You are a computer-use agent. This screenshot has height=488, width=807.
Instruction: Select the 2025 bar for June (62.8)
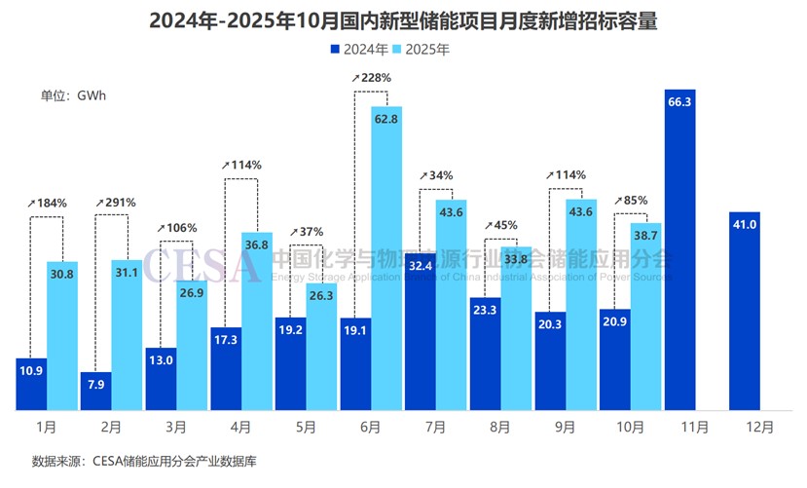point(386,258)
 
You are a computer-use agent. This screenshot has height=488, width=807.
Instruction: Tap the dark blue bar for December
point(744,311)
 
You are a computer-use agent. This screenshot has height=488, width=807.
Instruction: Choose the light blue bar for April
point(257,320)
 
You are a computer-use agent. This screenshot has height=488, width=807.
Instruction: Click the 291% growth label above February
point(115,202)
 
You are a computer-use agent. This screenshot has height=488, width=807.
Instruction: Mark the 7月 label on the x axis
point(435,428)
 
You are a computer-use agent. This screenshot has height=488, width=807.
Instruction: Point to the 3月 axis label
point(177,428)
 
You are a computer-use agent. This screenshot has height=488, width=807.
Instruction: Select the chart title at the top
point(404,19)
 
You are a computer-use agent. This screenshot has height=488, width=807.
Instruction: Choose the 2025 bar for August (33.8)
point(517,327)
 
